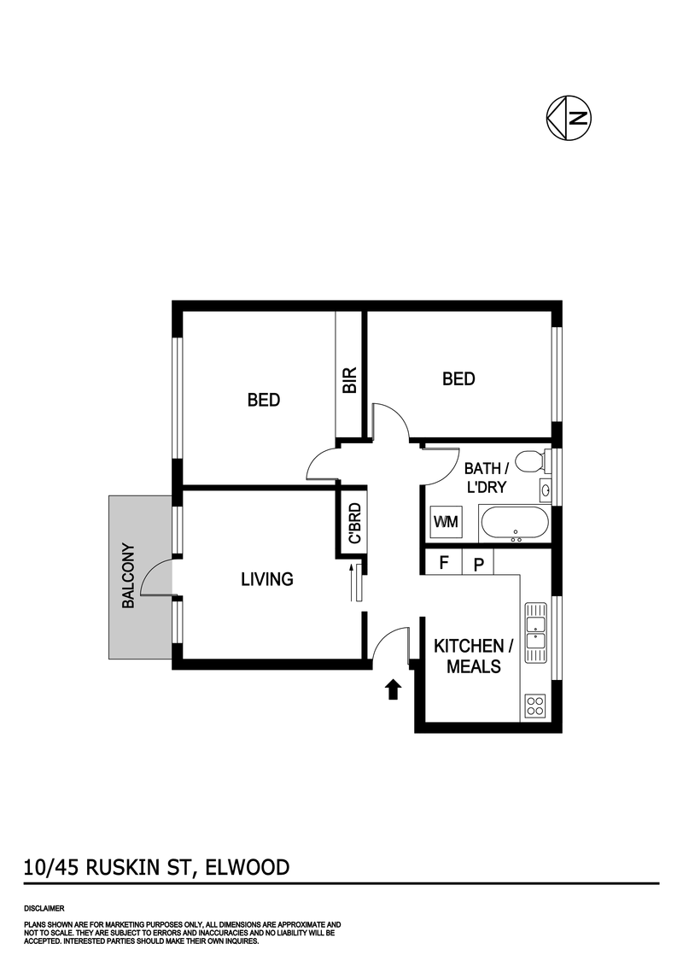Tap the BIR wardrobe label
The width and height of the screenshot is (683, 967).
pyautogui.click(x=349, y=379)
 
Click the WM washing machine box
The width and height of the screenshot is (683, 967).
pyautogui.click(x=445, y=521)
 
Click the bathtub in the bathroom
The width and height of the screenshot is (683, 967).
pyautogui.click(x=514, y=523)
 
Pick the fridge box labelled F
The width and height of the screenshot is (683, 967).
pyautogui.click(x=443, y=563)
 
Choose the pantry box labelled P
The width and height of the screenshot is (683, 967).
pyautogui.click(x=478, y=563)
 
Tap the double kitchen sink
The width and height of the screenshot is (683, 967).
pyautogui.click(x=535, y=631)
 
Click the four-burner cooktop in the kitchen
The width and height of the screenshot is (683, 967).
pyautogui.click(x=535, y=706)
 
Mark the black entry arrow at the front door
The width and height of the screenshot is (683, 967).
pyautogui.click(x=393, y=689)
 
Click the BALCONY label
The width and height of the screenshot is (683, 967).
pyautogui.click(x=129, y=576)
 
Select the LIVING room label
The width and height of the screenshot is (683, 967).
pyautogui.click(x=266, y=579)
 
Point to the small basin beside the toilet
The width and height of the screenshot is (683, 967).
pyautogui.click(x=545, y=489)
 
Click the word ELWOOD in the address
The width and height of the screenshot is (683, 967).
pyautogui.click(x=248, y=868)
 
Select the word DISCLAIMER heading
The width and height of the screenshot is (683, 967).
pyautogui.click(x=44, y=908)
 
